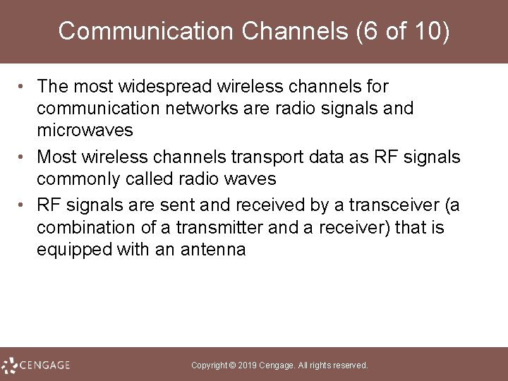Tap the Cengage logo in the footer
coord(36,365)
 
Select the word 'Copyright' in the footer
coord(210,365)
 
